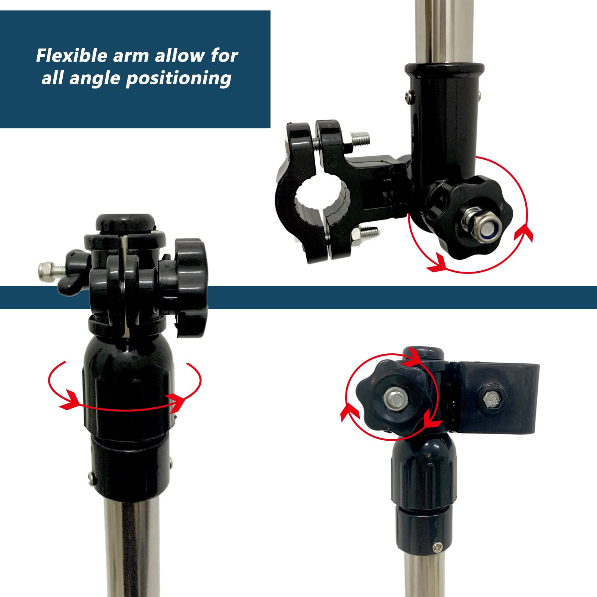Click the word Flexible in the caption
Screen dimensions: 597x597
tap(72, 56)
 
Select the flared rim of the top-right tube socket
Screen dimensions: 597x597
tap(444, 69)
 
